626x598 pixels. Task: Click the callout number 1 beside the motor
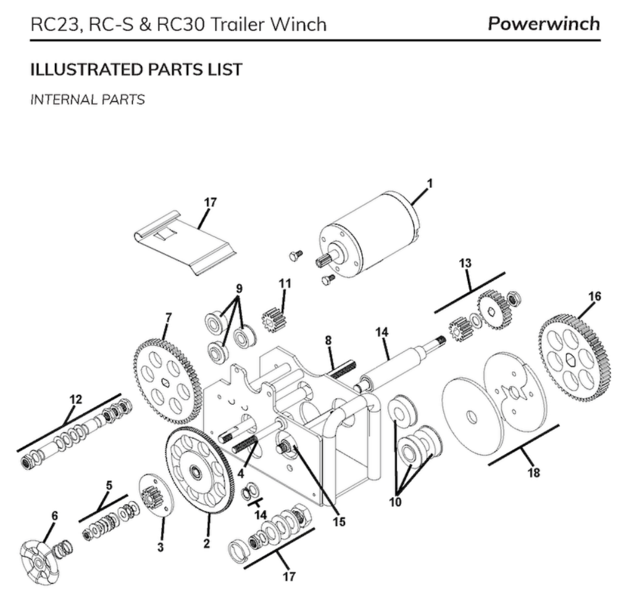tap(430, 183)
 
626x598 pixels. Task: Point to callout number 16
tap(595, 297)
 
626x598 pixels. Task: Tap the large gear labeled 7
tap(168, 379)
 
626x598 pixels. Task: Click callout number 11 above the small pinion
tap(285, 283)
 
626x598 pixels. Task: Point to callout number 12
tap(75, 399)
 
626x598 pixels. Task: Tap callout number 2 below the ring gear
tap(206, 543)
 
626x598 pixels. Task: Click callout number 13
tap(465, 263)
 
